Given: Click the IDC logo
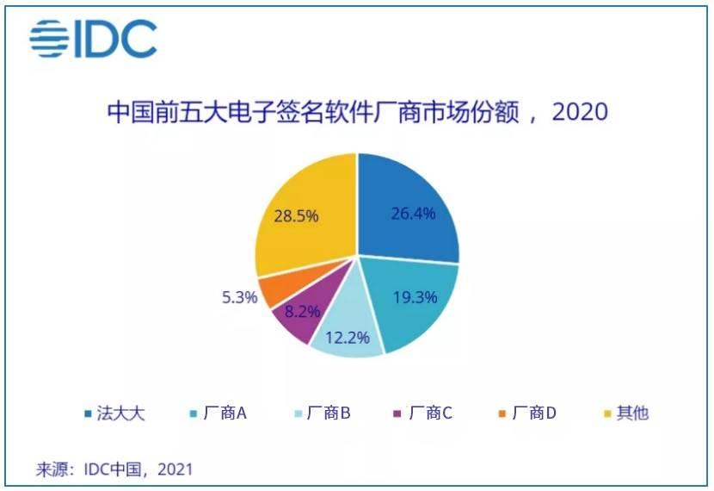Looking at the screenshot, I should coord(93,40).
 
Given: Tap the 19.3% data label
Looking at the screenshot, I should coord(415,297).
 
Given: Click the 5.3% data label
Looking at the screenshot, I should coord(235,298).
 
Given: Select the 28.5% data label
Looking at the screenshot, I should coord(297,215).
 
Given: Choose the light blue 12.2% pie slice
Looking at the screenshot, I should coord(344,336).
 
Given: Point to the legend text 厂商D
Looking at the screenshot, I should coord(533,413).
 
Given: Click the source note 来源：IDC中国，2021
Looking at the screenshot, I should coord(114,469).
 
